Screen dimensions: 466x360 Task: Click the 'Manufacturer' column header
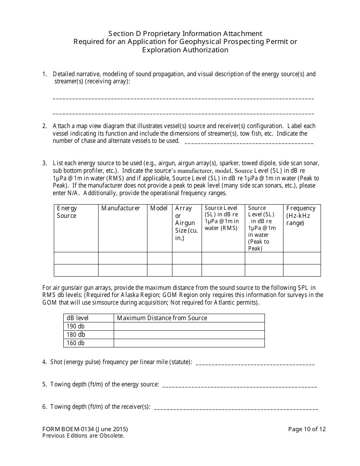[121, 208]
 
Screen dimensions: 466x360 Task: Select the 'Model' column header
[159, 208]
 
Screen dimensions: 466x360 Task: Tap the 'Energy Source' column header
[67, 212]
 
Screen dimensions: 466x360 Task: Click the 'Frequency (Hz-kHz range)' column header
[301, 215]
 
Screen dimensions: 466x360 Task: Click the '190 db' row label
[76, 326]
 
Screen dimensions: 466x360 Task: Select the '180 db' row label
[76, 335]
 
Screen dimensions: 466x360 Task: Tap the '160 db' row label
[76, 343]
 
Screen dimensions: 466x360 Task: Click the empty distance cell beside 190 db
[189, 326]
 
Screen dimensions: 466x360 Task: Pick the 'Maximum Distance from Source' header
[162, 318]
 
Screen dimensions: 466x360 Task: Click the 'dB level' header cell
[78, 318]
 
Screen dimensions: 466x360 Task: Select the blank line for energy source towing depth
[239, 386]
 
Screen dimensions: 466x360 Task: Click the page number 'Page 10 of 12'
[307, 429]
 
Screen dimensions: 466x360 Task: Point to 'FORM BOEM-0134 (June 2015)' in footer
[85, 429]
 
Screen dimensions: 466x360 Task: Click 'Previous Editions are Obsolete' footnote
[83, 436]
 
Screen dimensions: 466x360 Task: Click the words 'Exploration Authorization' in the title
[185, 50]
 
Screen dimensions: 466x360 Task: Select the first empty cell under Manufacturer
[122, 258]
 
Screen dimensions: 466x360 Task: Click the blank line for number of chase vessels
[249, 143]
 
